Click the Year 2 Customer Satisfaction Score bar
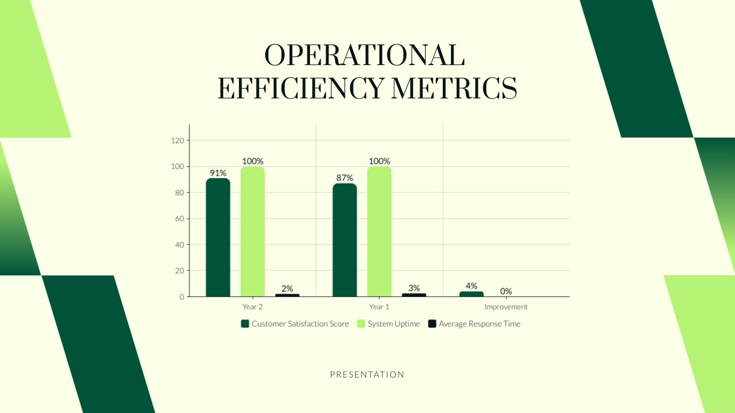218,237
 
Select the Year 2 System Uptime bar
252,231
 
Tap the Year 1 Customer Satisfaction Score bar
344,240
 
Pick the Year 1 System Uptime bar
379,231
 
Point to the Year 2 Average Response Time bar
287,295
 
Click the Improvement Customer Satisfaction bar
471,294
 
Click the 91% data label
218,173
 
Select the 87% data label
344,178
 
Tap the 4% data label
471,286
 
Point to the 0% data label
506,291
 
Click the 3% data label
414,288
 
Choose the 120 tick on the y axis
178,140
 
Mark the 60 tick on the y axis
180,219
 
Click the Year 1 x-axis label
379,307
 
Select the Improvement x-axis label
506,307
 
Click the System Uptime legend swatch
361,324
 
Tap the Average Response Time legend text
479,324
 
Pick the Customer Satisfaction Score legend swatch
245,324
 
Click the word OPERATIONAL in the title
364,55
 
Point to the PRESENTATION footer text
367,374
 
